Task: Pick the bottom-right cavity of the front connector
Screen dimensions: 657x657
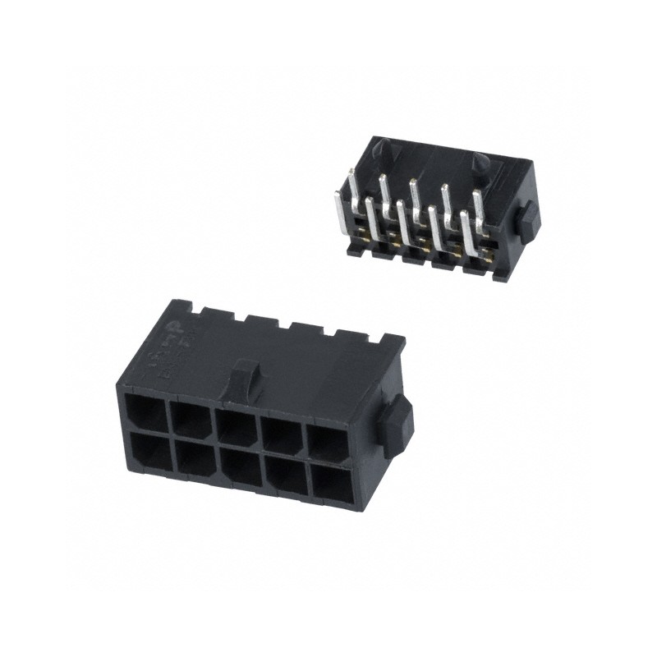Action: click(x=328, y=487)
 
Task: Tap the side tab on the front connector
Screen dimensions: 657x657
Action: click(x=397, y=425)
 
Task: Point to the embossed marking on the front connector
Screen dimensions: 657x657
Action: click(x=172, y=348)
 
